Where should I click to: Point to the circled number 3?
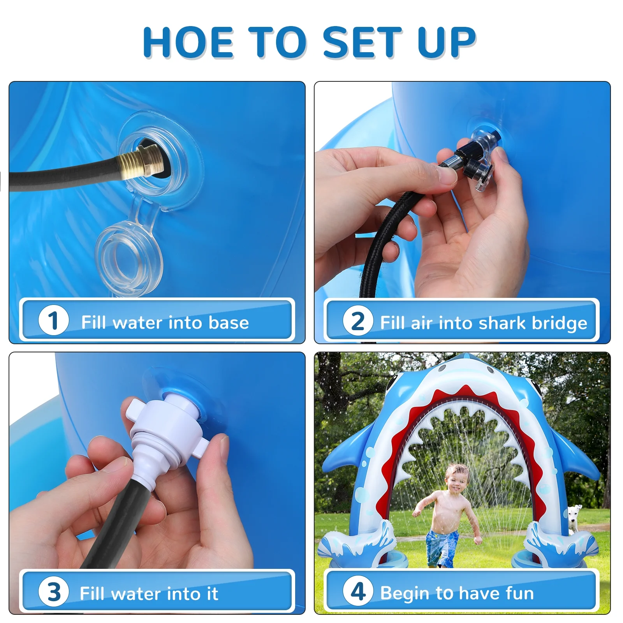coord(54,591)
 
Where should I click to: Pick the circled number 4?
coord(358,591)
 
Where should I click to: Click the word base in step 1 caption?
coord(229,322)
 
